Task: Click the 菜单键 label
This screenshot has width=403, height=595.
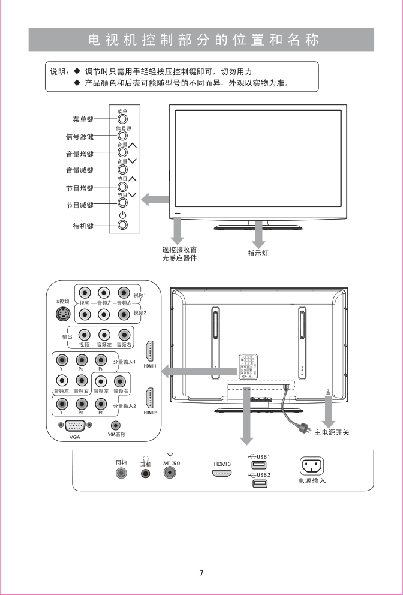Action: [82, 119]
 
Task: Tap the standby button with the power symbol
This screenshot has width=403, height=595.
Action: [122, 226]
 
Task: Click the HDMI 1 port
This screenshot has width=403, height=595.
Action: [149, 351]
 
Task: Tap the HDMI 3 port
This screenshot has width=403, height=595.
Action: [222, 473]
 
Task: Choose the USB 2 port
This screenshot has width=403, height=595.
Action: [259, 483]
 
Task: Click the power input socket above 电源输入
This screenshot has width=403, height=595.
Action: [312, 466]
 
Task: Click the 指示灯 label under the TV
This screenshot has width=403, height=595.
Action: [258, 254]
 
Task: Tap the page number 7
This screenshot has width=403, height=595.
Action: [201, 573]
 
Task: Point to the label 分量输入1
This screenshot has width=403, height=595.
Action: [125, 362]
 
